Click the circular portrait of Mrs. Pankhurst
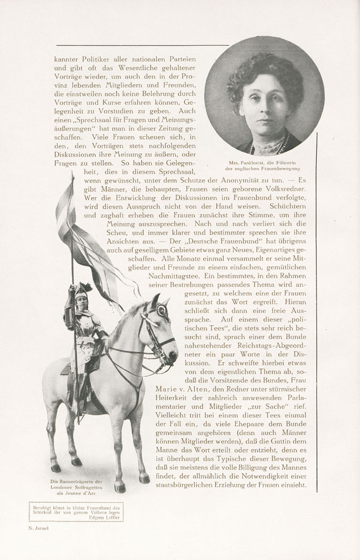pyautogui.click(x=264, y=96)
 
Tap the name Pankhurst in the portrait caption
pyautogui.click(x=250, y=162)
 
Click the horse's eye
pyautogui.click(x=161, y=312)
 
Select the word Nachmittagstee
pyautogui.click(x=179, y=277)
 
